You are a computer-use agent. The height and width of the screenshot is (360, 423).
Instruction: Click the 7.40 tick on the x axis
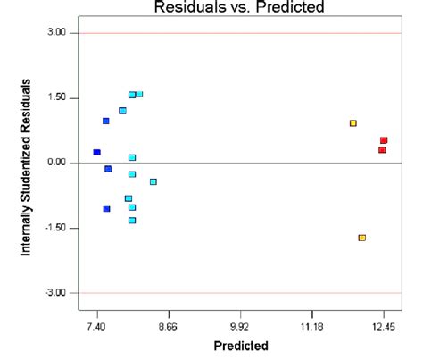[95, 328]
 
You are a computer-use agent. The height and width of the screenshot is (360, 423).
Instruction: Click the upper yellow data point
[353, 123]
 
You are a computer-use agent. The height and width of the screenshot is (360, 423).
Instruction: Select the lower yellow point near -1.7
[362, 238]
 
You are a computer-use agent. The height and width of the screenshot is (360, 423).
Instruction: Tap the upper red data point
[384, 140]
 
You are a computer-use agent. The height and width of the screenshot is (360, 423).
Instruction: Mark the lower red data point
[382, 150]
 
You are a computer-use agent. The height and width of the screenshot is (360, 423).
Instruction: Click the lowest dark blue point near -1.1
[106, 209]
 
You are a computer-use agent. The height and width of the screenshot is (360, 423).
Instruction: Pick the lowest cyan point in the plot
[132, 220]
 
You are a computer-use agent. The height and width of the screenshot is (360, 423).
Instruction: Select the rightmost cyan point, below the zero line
[153, 181]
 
